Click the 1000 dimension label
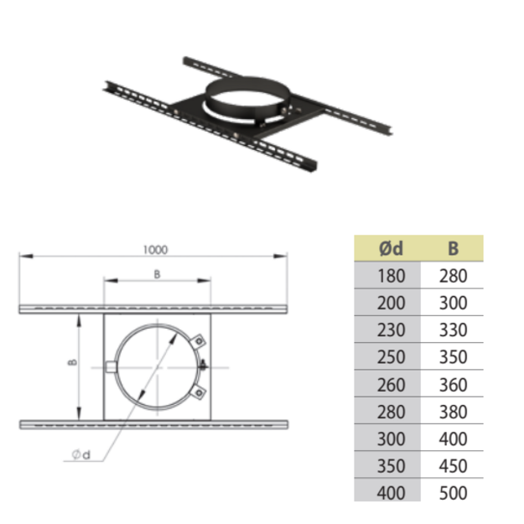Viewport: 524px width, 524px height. click(x=155, y=250)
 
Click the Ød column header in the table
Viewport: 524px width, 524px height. click(x=391, y=249)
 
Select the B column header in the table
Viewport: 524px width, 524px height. click(x=453, y=249)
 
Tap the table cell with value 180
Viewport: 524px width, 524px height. click(x=391, y=276)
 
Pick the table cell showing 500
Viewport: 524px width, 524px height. click(x=453, y=493)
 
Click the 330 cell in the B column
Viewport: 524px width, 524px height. click(x=453, y=330)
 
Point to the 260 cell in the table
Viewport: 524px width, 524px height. click(x=391, y=385)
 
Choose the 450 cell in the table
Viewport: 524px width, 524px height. click(x=453, y=466)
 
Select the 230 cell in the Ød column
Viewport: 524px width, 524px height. click(x=391, y=330)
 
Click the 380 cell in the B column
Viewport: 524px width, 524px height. click(x=453, y=412)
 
